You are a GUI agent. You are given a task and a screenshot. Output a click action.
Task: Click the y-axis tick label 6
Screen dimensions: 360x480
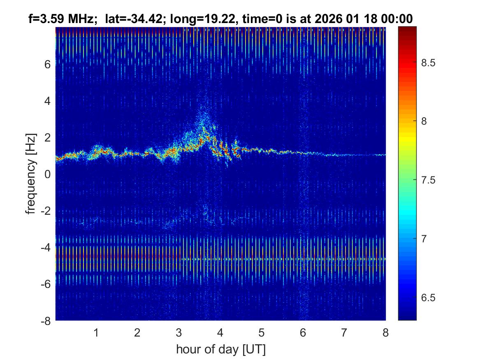coord(48,64)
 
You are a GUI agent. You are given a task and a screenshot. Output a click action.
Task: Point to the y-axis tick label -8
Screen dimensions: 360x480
coord(46,321)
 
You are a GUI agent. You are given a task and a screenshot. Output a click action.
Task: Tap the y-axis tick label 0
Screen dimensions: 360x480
coord(48,174)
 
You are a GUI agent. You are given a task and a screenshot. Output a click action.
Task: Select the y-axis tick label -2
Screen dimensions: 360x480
coord(46,211)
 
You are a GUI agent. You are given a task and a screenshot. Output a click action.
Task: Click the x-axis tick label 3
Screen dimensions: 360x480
coord(179,332)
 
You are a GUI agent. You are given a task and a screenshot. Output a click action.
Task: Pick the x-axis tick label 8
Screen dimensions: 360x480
coord(385,332)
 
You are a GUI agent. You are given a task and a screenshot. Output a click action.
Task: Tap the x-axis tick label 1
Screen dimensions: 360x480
coord(96,332)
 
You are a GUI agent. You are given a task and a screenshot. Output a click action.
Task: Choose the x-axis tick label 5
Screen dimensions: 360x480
coord(261,332)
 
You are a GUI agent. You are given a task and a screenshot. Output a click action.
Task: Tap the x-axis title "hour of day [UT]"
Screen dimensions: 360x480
coord(220,350)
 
